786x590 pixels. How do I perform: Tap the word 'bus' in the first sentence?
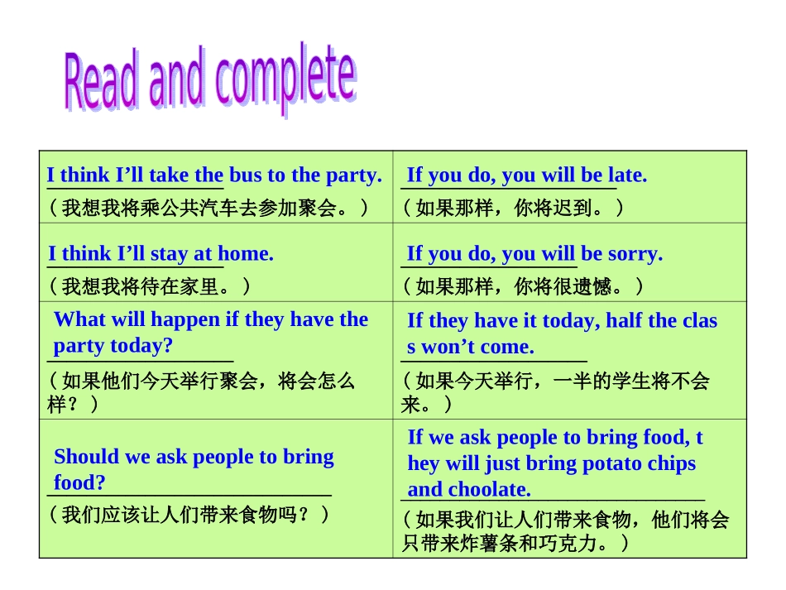tap(245, 175)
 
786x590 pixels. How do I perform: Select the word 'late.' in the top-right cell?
tap(627, 175)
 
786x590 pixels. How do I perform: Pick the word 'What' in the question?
tap(78, 319)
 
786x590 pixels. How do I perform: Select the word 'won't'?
tap(447, 347)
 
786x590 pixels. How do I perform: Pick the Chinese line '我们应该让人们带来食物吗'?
tap(190, 515)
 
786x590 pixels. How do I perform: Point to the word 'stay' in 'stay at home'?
tap(170, 253)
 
